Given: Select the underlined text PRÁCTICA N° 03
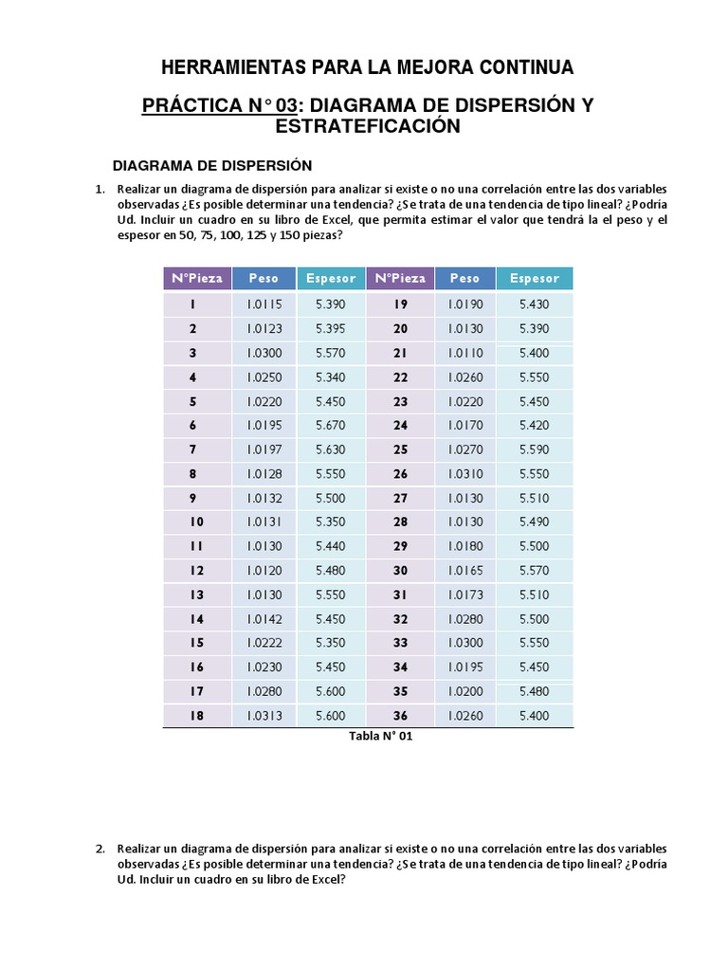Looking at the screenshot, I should tap(220, 105).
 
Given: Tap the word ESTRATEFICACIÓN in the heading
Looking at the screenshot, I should tap(368, 126).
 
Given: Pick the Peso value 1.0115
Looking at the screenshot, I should tap(264, 304).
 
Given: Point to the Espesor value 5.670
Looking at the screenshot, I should tap(331, 425).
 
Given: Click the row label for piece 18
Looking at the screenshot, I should tap(196, 716).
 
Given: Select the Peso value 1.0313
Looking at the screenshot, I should tap(264, 716).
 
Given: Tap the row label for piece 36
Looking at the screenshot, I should tap(400, 716).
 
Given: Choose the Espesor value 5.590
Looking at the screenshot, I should tap(535, 449).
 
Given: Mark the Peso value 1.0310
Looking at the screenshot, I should tap(465, 473).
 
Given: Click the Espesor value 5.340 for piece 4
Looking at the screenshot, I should tap(331, 376).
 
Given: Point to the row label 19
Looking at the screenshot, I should tap(400, 304).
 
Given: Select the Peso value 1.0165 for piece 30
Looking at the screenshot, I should tap(465, 570).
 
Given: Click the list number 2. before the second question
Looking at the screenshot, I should tap(100, 848).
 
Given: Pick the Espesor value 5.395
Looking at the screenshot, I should tap(331, 328).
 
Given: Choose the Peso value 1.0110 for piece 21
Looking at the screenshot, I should tap(465, 353).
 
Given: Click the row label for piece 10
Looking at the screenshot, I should tap(196, 522).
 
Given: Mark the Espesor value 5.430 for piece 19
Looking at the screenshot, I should tap(535, 304).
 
